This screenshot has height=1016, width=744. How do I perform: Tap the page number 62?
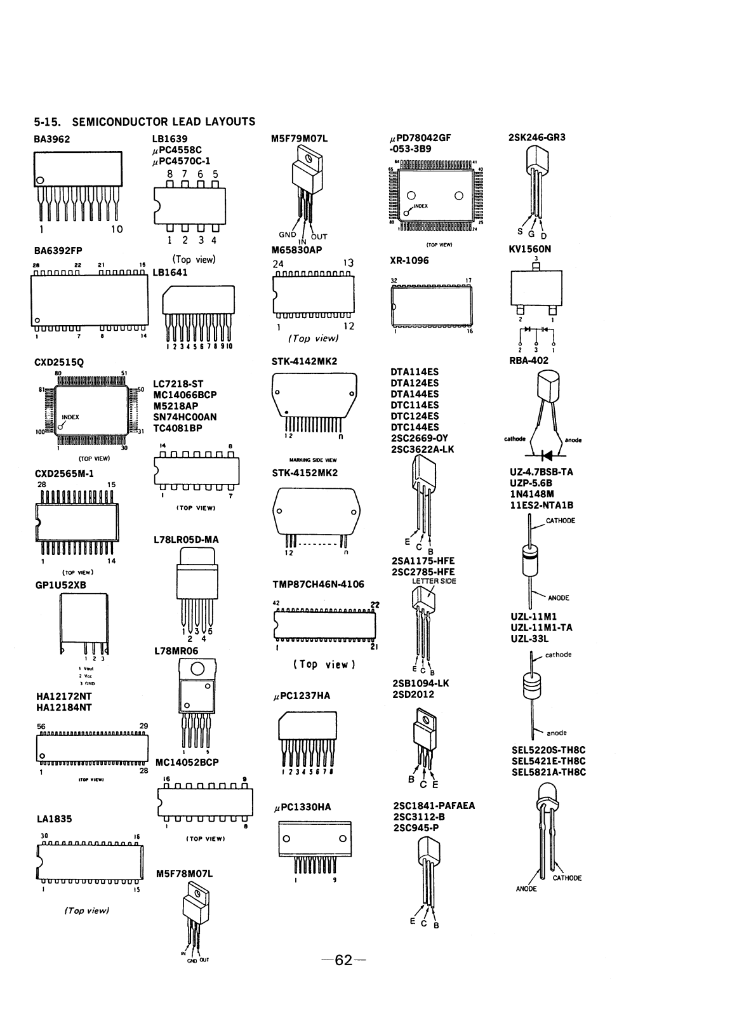point(343,960)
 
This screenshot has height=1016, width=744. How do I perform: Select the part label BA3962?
point(52,138)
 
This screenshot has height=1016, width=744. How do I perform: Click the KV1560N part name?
point(530,250)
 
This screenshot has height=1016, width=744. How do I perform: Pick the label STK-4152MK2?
point(305,473)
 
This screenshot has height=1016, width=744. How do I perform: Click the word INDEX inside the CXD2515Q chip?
point(70,417)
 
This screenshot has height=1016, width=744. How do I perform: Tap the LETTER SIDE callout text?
point(434,581)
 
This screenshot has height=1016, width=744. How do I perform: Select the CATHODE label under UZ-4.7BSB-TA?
point(560,521)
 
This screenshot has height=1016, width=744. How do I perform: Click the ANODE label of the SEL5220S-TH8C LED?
point(526,889)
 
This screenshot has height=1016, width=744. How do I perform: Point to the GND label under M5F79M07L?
point(288,235)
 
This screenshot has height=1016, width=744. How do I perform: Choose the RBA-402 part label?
point(529,361)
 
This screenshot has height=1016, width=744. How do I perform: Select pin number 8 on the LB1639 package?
point(169,173)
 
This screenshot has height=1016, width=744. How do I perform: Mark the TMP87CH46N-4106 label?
point(319,584)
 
